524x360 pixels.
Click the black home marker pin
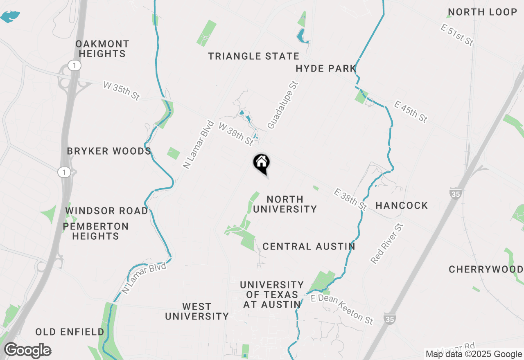[261, 163]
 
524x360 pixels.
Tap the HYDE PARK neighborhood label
[326, 68]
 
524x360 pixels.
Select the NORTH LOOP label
[483, 12]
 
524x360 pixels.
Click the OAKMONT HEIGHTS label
[102, 49]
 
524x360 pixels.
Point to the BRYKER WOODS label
[109, 151]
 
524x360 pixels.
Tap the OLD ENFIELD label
[70, 332]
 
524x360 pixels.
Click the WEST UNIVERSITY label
[197, 311]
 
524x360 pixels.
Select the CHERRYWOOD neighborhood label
[486, 269]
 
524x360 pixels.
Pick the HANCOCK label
[402, 205]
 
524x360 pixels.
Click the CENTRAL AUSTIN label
[309, 246]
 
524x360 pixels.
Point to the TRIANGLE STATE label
[254, 56]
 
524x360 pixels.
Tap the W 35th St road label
[122, 91]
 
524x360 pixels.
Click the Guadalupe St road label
[282, 105]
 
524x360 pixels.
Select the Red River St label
[387, 243]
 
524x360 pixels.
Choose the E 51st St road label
[457, 35]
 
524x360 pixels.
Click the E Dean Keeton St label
[342, 309]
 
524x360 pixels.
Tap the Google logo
[27, 351]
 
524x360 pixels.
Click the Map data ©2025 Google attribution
[474, 354]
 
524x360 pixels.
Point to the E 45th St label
[411, 112]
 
